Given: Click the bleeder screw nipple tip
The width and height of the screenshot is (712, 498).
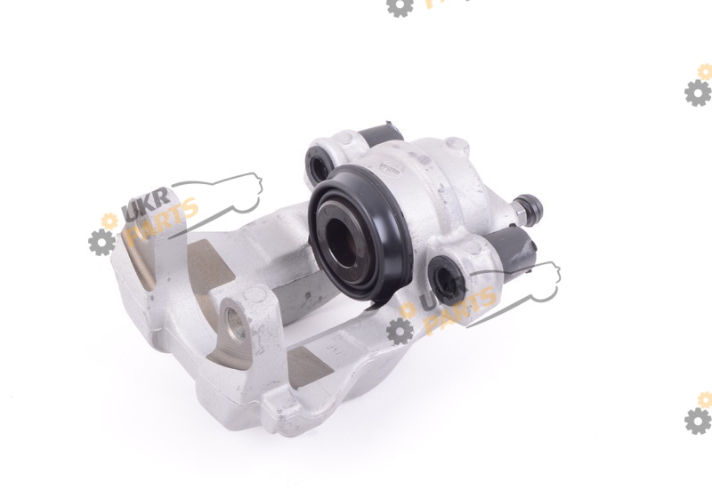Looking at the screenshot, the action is coord(532,206).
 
